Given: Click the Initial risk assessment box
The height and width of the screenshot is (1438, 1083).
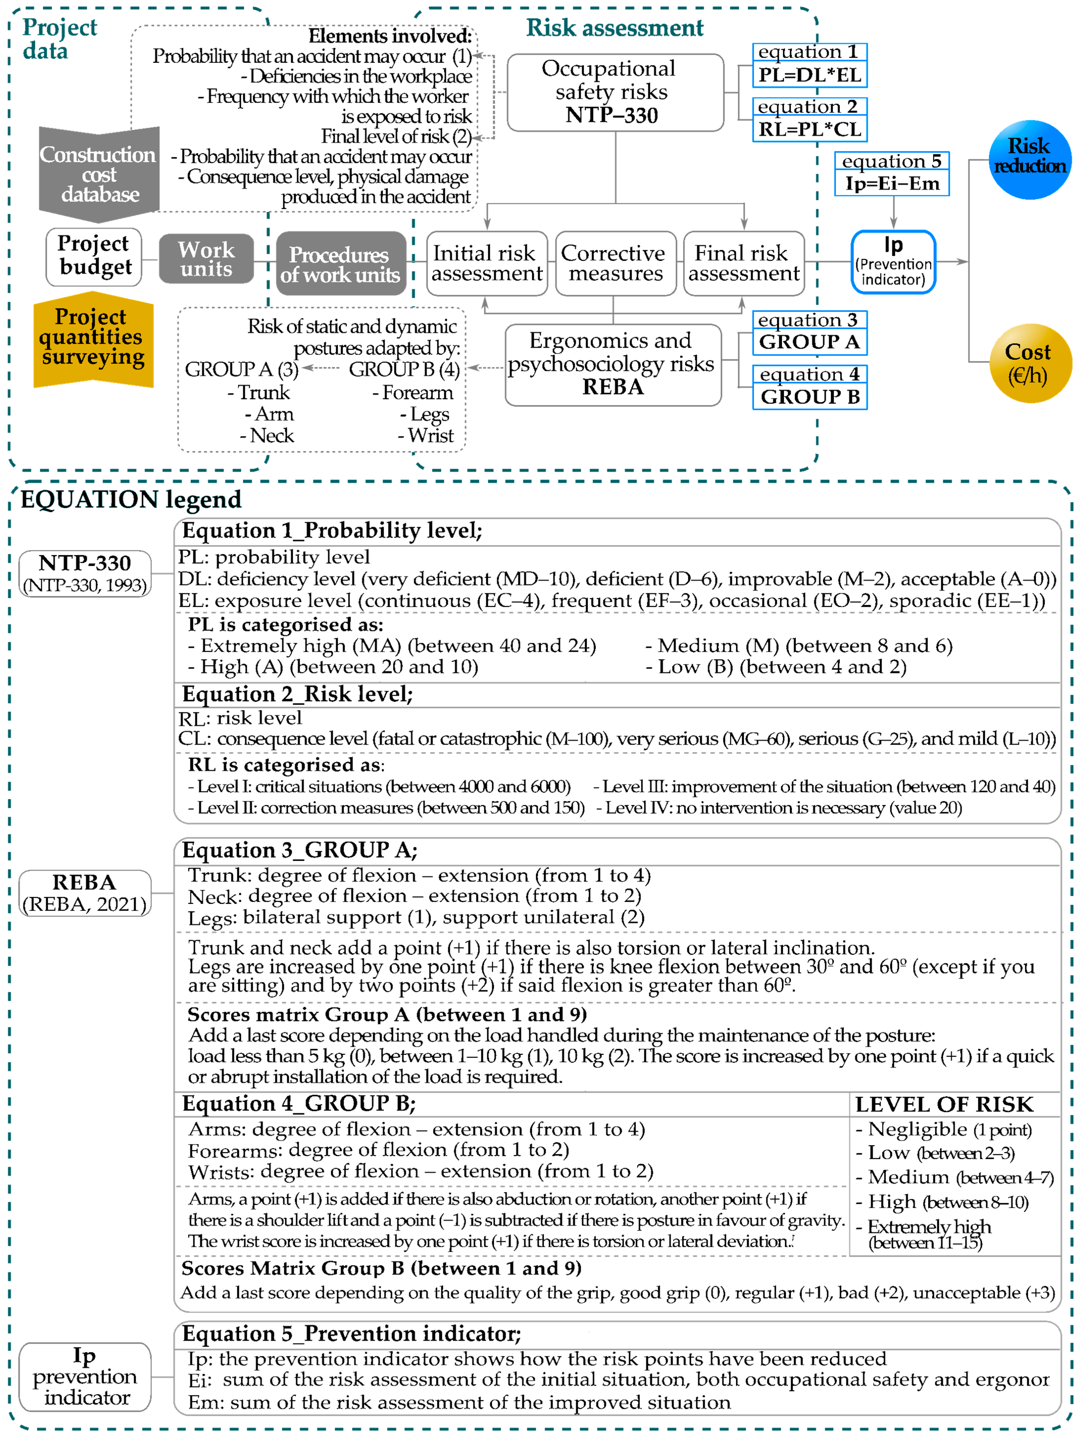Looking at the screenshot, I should (486, 263).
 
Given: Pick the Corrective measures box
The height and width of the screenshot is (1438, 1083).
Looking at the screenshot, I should (615, 263).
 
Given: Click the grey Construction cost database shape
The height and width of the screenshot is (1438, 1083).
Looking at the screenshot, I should (99, 174).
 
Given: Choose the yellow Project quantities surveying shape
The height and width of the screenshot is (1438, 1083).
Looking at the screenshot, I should (93, 338).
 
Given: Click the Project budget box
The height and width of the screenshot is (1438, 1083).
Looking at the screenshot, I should (94, 256).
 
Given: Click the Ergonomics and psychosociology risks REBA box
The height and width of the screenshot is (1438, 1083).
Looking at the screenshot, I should (612, 364).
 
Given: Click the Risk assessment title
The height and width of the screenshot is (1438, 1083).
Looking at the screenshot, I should (614, 28).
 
